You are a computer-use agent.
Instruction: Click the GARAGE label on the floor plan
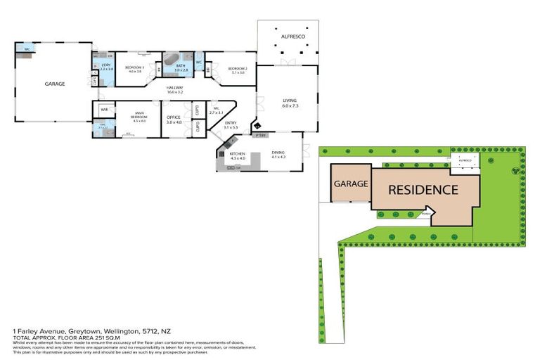pyautogui.click(x=55, y=84)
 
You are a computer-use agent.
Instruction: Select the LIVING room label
pyautogui.click(x=290, y=101)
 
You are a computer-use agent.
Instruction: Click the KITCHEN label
pyautogui.click(x=237, y=153)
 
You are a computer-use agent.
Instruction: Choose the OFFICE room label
pyautogui.click(x=174, y=117)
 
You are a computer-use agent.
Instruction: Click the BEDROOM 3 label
pyautogui.click(x=134, y=67)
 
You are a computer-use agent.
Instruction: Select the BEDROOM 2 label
pyautogui.click(x=236, y=68)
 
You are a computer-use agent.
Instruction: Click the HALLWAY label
pyautogui.click(x=175, y=88)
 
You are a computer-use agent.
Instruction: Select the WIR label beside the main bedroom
pyautogui.click(x=103, y=110)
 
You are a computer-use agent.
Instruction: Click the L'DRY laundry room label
pyautogui.click(x=106, y=65)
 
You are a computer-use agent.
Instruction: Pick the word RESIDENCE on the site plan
pyautogui.click(x=423, y=190)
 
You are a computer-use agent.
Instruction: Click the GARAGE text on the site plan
pyautogui.click(x=350, y=184)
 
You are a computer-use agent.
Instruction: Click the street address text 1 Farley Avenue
pyautogui.click(x=42, y=330)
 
